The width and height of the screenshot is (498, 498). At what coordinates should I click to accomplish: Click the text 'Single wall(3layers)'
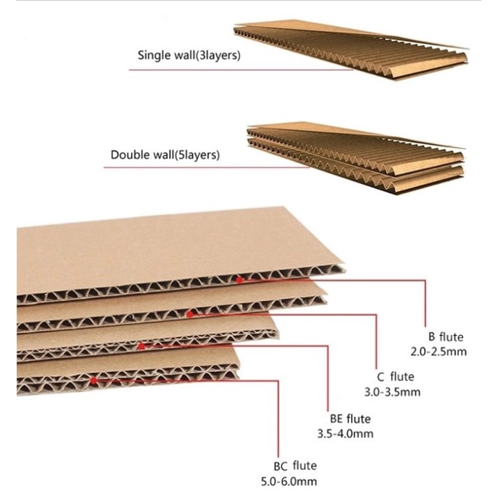click(x=189, y=55)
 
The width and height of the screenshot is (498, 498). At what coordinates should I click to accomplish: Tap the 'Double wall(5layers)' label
click(x=165, y=155)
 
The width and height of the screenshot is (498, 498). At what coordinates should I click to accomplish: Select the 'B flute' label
click(x=446, y=336)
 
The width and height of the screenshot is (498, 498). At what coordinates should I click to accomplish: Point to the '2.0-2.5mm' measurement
click(x=439, y=352)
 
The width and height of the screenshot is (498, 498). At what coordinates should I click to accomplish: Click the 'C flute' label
click(x=396, y=377)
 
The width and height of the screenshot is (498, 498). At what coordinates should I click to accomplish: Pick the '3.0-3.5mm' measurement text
click(x=392, y=392)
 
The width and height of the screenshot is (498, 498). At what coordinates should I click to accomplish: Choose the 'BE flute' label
click(x=350, y=419)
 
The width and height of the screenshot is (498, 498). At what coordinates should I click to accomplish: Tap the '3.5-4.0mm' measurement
click(x=345, y=433)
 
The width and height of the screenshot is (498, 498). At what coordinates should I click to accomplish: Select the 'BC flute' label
click(x=295, y=466)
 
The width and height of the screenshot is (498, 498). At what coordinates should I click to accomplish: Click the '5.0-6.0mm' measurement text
click(x=289, y=481)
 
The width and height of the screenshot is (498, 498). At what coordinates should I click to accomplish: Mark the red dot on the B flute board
click(x=240, y=280)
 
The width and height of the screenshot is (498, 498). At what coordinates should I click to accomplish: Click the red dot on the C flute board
click(x=189, y=314)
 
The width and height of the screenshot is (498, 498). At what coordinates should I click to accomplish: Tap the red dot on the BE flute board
click(x=141, y=346)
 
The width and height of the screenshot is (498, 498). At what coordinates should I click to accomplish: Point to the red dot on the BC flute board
click(x=93, y=380)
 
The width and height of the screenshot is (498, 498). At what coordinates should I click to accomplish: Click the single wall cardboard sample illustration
click(x=351, y=50)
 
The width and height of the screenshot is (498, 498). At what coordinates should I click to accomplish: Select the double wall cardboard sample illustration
click(x=356, y=158)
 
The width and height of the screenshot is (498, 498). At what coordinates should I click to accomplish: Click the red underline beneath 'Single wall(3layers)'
click(x=241, y=70)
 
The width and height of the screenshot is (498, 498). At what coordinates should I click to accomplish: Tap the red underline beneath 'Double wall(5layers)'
click(x=206, y=167)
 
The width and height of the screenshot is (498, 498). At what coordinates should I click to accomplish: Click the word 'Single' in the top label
click(x=155, y=56)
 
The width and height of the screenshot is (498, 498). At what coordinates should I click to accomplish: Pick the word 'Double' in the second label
click(x=130, y=155)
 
